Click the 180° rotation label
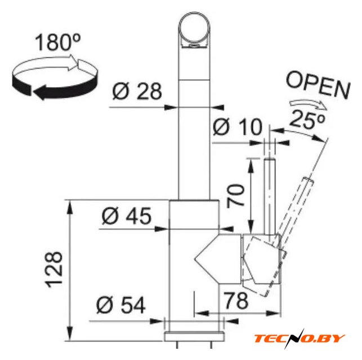58,42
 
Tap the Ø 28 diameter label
137,91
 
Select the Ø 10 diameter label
238,127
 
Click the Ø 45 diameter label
127,215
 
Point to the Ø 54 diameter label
120,305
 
